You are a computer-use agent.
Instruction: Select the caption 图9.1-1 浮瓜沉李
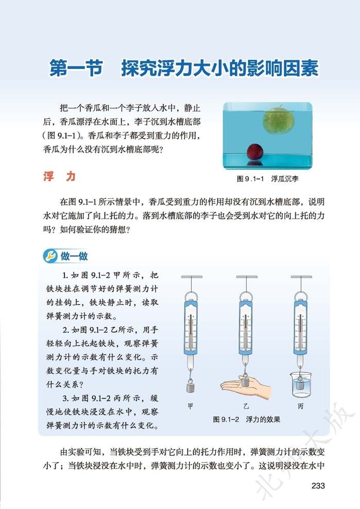pos(268,179)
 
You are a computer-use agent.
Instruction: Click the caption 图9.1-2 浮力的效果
pos(247,419)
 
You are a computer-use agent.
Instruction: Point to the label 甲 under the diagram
pos(191,406)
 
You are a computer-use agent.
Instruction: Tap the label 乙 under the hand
pos(246,406)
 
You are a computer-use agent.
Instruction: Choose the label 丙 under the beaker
pos(300,406)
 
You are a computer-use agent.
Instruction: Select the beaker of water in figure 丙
pos(301,384)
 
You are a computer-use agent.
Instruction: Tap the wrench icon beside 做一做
pos(51,255)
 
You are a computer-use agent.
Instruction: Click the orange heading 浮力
pos(59,177)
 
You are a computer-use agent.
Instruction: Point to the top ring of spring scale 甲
pos(191,297)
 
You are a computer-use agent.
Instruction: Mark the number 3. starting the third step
pos(66,398)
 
